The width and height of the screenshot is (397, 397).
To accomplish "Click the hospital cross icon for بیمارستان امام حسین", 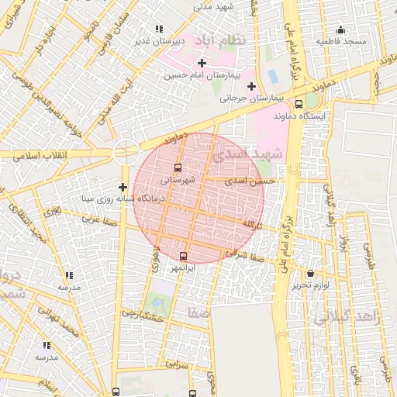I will pyautogui.click(x=202, y=63).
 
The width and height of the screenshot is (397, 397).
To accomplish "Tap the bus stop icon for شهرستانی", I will pyautogui.click(x=179, y=167).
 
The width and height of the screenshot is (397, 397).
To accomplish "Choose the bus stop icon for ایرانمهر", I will pyautogui.click(x=183, y=256).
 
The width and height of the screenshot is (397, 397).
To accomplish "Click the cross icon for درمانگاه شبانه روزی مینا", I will pyautogui.click(x=122, y=187).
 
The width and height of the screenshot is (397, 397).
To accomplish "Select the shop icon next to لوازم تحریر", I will pyautogui.click(x=311, y=273).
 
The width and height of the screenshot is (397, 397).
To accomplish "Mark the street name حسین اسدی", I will pyautogui.click(x=250, y=181).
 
